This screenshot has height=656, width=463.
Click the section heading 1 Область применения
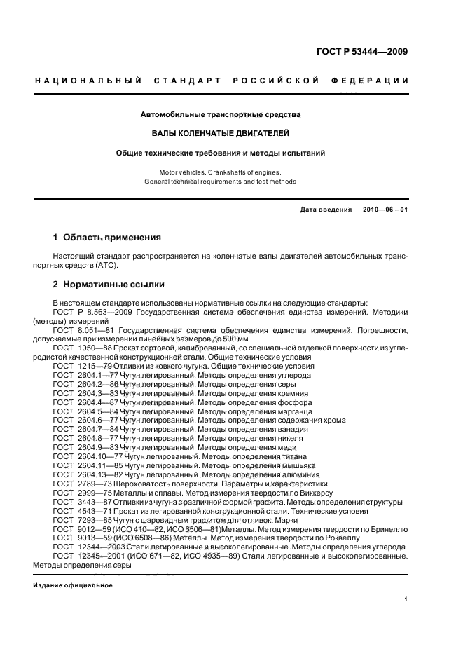[107, 238]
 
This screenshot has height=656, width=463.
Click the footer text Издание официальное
[73, 585]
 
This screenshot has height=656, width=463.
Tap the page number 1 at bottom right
[406, 599]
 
